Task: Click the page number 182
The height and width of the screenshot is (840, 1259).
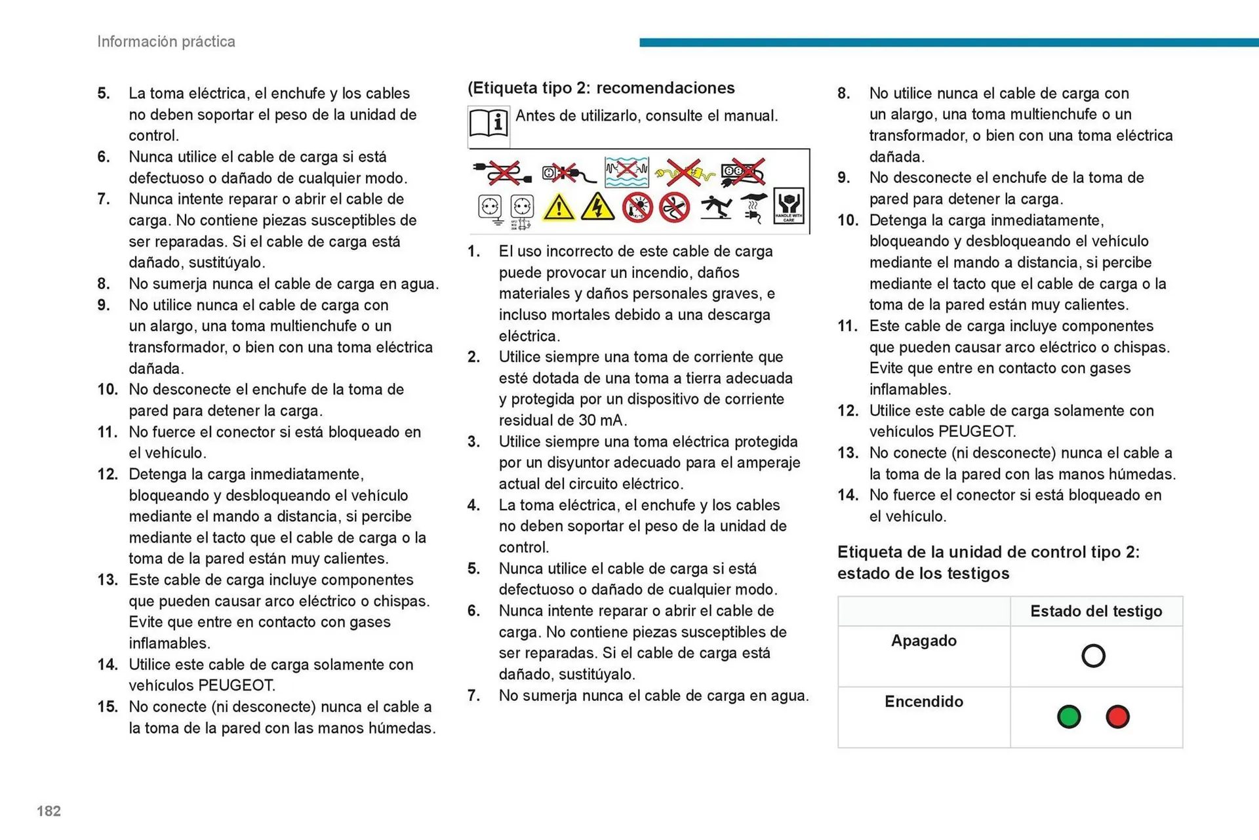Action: click(x=49, y=811)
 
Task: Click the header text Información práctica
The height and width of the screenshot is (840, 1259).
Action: click(x=166, y=41)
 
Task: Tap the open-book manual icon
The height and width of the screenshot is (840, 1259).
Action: click(x=489, y=123)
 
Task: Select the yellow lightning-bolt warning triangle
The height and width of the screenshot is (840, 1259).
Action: click(x=597, y=207)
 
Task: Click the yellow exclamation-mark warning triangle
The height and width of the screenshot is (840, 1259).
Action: click(x=559, y=207)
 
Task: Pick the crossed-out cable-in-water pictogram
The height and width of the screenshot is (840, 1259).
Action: click(x=626, y=172)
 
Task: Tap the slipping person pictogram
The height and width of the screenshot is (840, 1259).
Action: click(x=716, y=207)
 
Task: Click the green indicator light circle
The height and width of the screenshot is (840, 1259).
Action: click(x=1069, y=717)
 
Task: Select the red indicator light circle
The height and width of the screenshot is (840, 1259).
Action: click(x=1117, y=717)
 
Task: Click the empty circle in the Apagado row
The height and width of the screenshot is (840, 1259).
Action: click(x=1093, y=656)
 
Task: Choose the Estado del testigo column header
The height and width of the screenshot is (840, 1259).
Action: click(x=1096, y=611)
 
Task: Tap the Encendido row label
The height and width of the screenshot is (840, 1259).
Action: click(x=923, y=702)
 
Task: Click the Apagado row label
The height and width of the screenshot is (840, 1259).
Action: click(x=923, y=641)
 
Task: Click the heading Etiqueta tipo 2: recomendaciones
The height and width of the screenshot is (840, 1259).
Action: click(x=601, y=88)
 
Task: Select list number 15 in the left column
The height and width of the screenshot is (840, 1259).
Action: click(x=108, y=707)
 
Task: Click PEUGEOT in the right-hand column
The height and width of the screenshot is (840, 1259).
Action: click(x=976, y=431)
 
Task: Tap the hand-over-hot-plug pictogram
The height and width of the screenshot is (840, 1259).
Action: click(x=753, y=207)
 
